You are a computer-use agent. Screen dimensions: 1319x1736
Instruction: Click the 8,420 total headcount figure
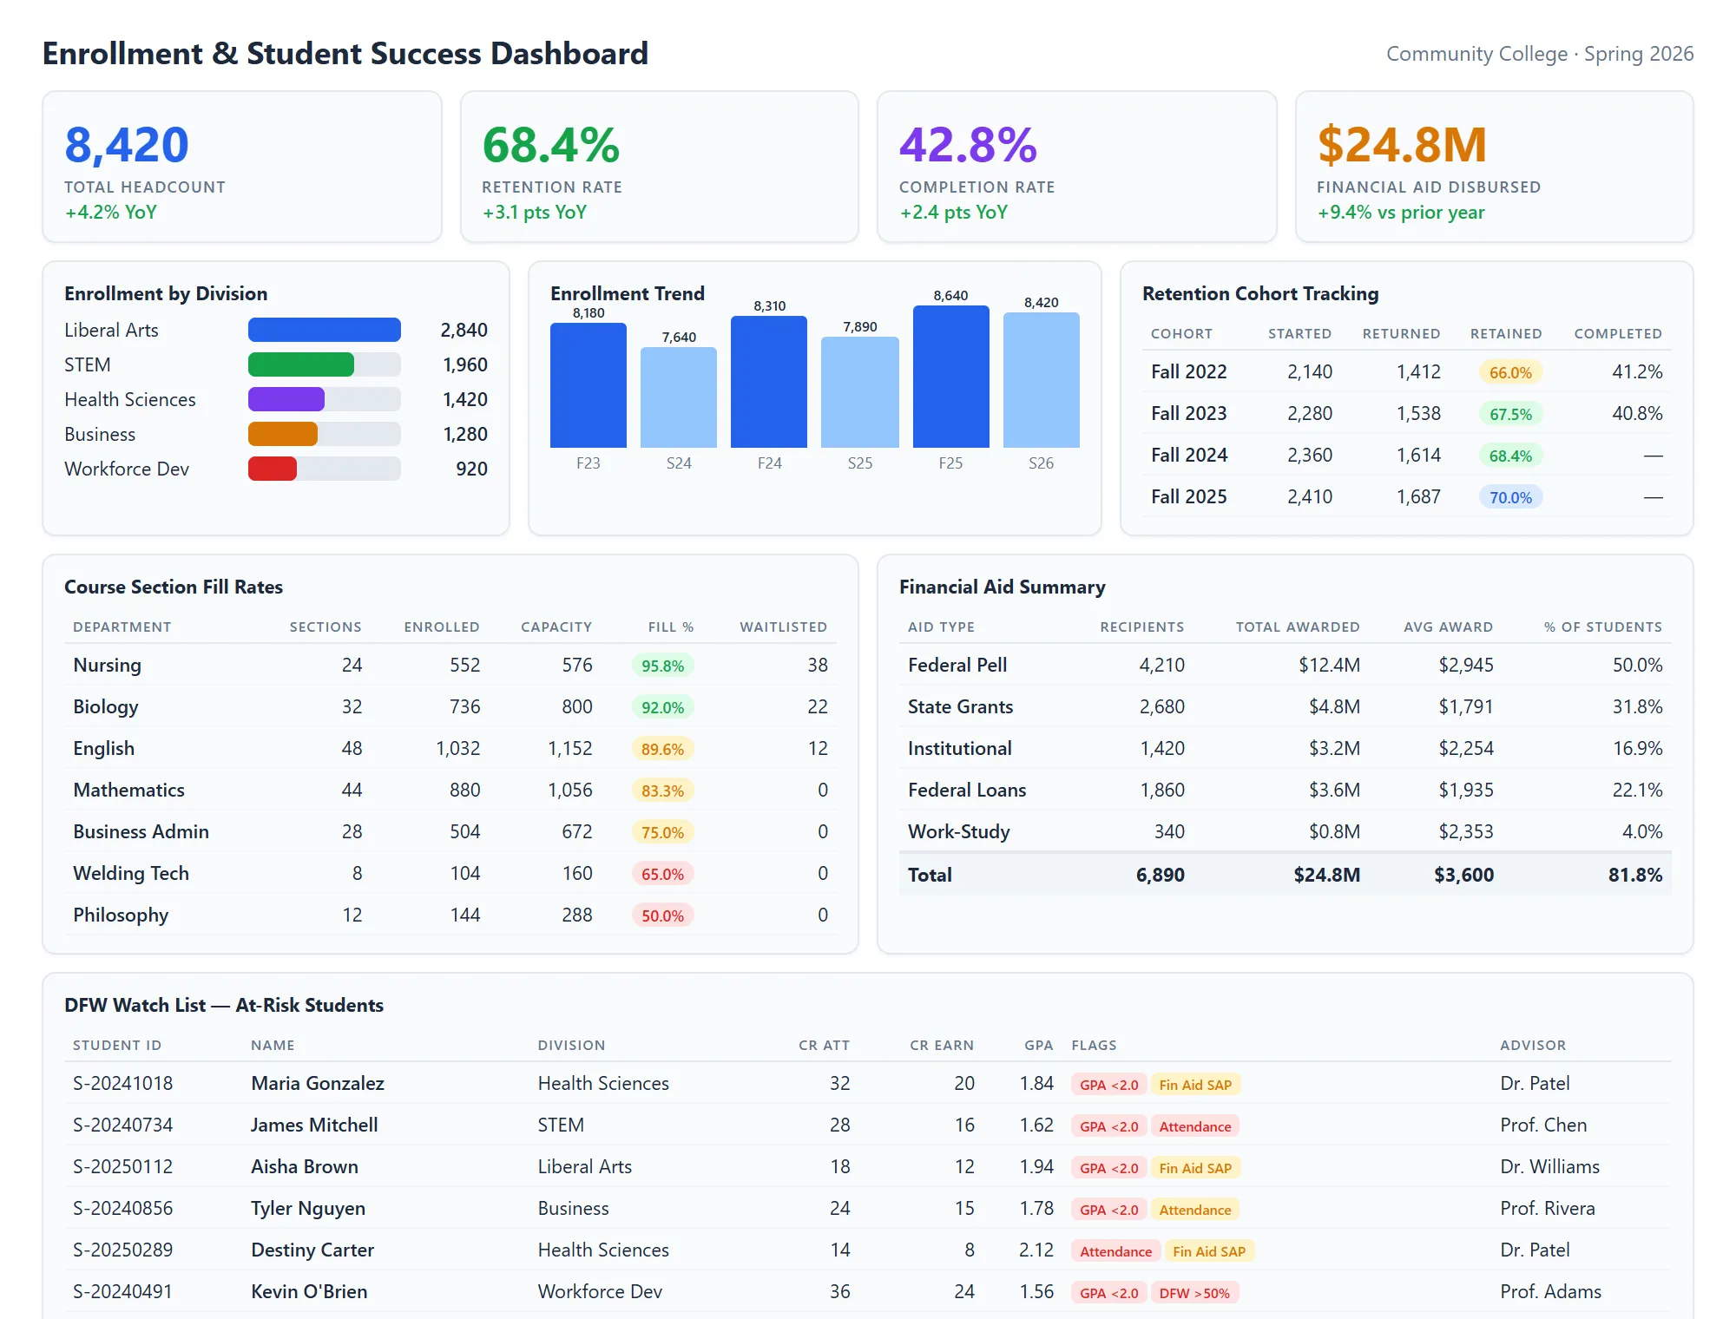point(127,145)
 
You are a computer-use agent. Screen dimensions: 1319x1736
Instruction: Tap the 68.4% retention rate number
point(550,145)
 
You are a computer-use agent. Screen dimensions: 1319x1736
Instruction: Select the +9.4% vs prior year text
point(1400,213)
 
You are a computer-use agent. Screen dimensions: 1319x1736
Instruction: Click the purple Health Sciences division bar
point(286,399)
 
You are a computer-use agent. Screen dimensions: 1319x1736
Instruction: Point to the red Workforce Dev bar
point(273,469)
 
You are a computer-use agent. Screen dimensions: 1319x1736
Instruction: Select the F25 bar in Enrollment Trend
point(950,377)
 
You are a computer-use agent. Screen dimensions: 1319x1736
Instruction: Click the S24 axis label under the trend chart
point(679,463)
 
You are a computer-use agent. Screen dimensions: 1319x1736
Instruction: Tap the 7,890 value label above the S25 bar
point(859,327)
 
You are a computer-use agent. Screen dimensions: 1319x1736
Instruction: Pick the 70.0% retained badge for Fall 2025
point(1510,497)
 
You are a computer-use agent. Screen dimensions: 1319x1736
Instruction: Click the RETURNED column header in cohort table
point(1401,334)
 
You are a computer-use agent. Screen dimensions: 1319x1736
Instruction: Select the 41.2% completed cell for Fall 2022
point(1636,372)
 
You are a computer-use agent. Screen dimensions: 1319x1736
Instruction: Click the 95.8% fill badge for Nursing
point(662,666)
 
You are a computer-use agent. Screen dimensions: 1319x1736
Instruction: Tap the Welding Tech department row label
point(131,873)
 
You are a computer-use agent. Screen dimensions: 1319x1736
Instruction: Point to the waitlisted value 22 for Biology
point(817,707)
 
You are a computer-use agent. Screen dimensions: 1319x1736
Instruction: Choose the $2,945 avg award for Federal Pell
point(1465,666)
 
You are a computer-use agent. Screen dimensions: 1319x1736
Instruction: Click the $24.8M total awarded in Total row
point(1326,875)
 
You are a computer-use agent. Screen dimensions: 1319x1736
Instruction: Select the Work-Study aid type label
point(958,831)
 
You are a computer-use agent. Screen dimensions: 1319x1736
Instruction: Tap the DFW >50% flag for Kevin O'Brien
point(1194,1293)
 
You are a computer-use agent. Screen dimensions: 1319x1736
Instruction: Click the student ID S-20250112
point(123,1166)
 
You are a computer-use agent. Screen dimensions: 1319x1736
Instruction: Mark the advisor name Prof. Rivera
point(1547,1208)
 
